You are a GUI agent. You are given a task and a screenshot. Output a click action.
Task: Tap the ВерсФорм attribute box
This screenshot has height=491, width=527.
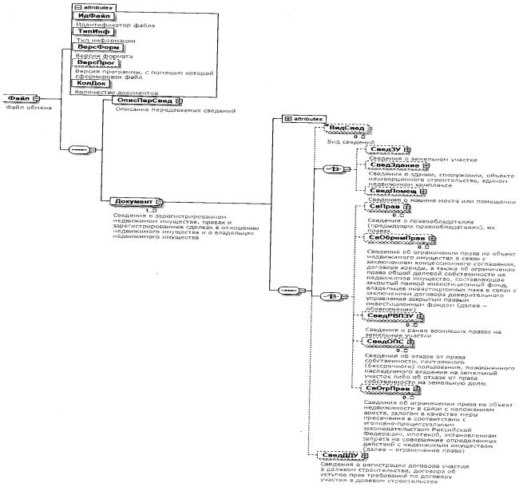point(95,48)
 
